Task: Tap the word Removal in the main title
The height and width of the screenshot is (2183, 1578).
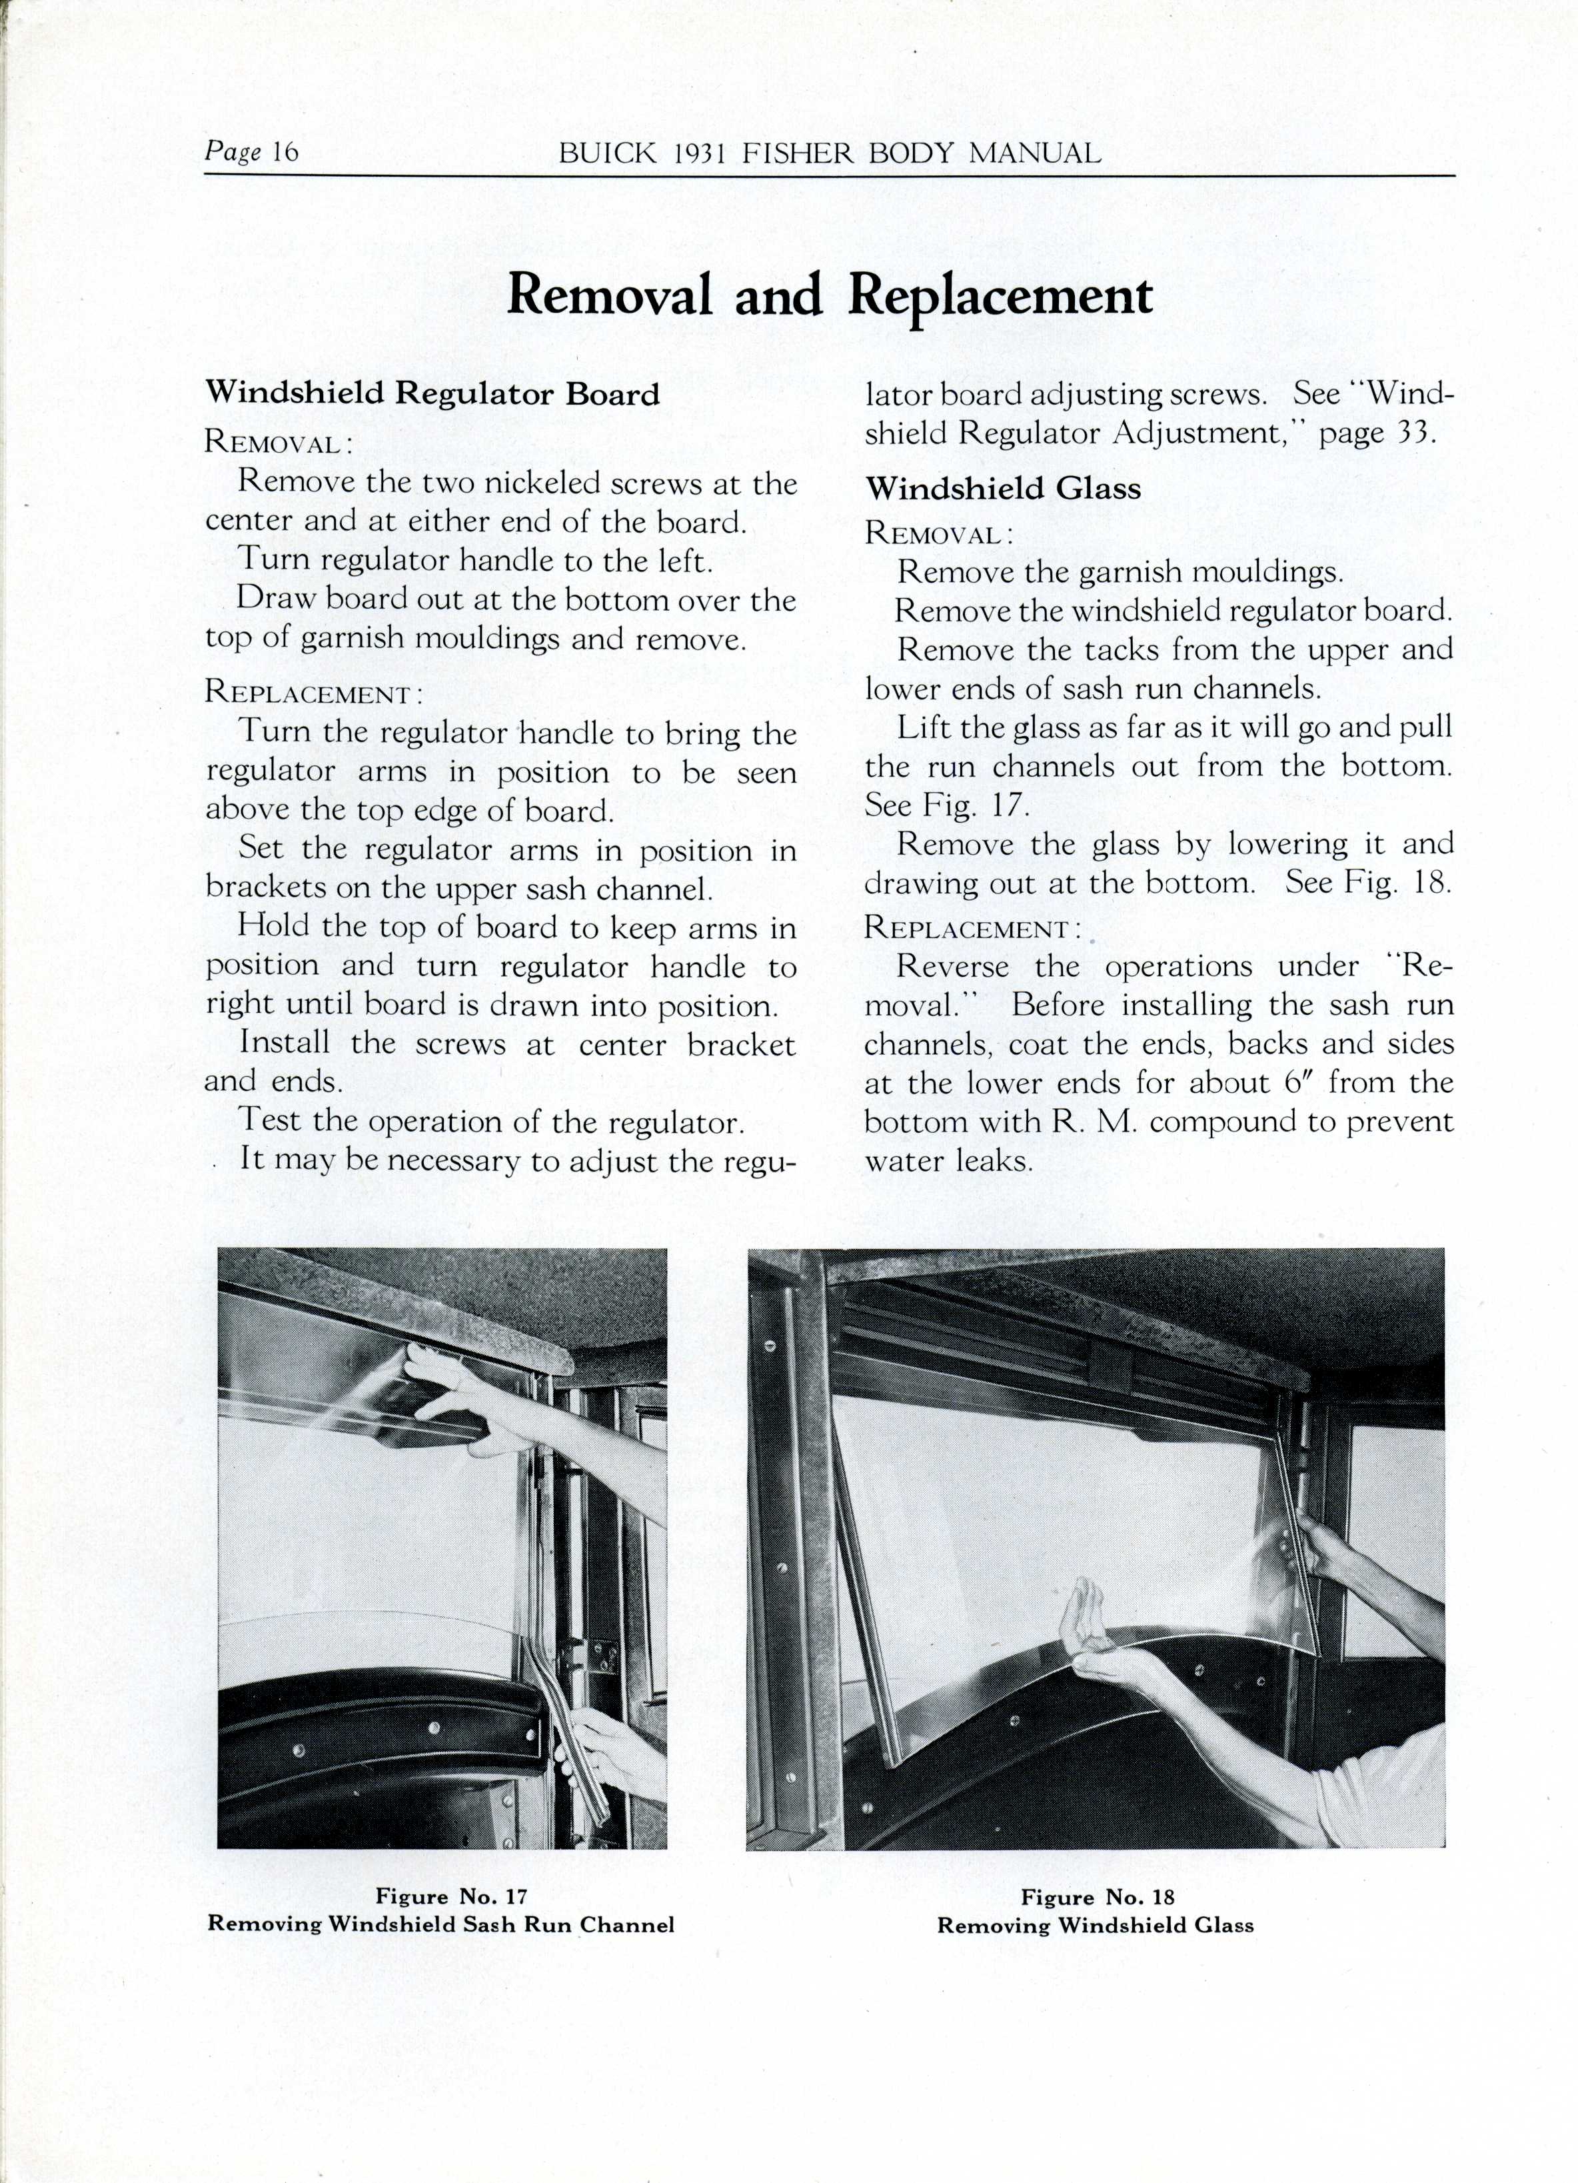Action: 608,295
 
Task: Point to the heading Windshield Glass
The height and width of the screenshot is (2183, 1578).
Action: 1003,488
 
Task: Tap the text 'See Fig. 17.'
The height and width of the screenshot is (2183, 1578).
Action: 948,805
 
